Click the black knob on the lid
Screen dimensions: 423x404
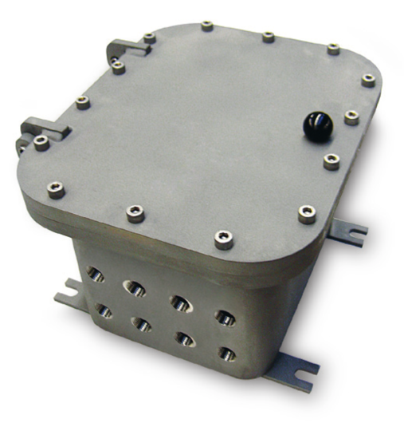(320, 127)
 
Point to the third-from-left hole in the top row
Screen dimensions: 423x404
(180, 302)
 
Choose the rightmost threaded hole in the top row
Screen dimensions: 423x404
(226, 317)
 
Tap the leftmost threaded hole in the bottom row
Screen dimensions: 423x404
(104, 309)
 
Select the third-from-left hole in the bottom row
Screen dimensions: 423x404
(185, 338)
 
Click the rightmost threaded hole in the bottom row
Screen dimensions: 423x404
(227, 353)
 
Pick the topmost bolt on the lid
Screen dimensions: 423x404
(207, 26)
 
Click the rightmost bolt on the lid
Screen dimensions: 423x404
(367, 79)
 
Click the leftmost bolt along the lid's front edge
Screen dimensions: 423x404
(55, 189)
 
